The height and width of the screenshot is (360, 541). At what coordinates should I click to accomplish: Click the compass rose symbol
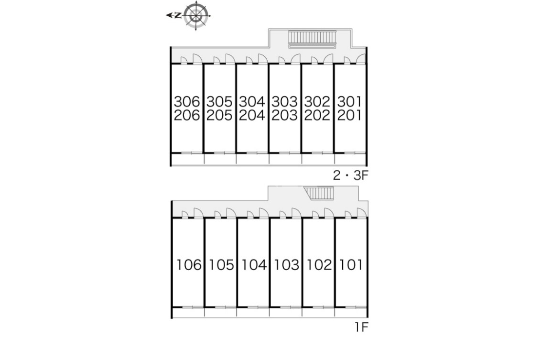[196, 15]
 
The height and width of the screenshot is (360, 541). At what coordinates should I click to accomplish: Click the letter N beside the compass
[178, 15]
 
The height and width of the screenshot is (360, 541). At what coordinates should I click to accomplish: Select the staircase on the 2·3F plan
[312, 39]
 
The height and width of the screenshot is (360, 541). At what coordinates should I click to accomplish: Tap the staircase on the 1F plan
[319, 193]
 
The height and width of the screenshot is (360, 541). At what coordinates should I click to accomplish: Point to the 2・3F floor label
[351, 175]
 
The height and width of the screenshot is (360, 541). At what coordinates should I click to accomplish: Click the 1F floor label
[362, 327]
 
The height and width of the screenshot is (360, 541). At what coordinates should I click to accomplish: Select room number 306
[187, 101]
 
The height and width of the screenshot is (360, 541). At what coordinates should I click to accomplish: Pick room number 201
[349, 115]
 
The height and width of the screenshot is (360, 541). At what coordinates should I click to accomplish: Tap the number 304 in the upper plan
[252, 101]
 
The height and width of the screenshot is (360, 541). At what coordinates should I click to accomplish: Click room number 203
[285, 115]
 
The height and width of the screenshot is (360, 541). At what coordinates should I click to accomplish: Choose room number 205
[219, 115]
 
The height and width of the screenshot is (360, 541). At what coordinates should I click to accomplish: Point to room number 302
[317, 101]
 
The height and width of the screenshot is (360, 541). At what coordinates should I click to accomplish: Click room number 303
[285, 101]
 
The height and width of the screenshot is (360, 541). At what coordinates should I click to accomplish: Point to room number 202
[317, 115]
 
